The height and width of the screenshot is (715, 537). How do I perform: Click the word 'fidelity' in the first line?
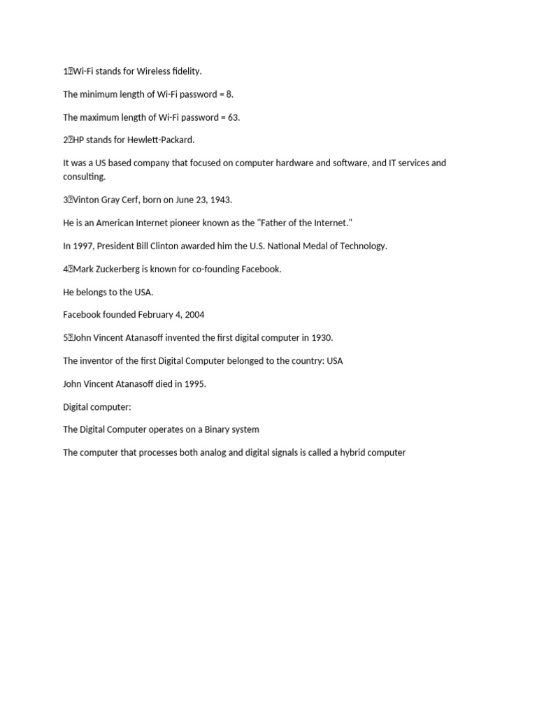(185, 71)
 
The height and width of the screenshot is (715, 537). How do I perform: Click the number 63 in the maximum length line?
(233, 117)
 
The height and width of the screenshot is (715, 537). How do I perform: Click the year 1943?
(220, 200)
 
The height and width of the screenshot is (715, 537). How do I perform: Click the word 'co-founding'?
(213, 269)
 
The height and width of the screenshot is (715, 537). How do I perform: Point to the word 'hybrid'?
(353, 452)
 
